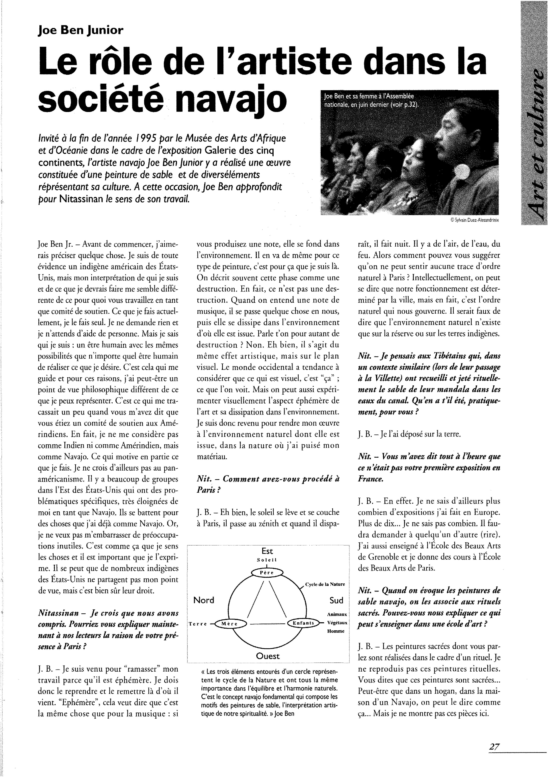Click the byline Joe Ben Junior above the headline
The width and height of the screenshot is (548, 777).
coord(81,31)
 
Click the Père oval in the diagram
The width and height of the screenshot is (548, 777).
coord(267,572)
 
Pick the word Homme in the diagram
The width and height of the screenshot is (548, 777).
coord(336,631)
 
